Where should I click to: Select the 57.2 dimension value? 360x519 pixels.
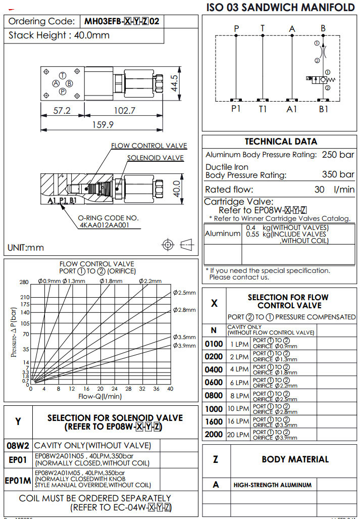(x=62, y=111)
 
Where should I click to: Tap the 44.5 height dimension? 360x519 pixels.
(x=174, y=83)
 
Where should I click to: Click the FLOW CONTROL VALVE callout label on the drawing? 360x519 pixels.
(x=149, y=146)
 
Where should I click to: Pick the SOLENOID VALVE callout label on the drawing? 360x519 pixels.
(x=156, y=158)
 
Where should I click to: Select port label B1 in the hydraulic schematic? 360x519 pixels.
(x=323, y=109)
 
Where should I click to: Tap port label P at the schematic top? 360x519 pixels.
(x=236, y=29)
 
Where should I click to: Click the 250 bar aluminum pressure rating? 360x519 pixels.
(x=338, y=155)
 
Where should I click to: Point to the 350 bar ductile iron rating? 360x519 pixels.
(x=338, y=175)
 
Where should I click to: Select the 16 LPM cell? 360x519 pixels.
(x=239, y=421)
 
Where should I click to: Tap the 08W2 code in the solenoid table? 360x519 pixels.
(x=18, y=445)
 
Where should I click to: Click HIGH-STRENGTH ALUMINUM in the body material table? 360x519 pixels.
(x=272, y=485)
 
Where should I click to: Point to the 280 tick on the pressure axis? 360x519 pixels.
(x=24, y=282)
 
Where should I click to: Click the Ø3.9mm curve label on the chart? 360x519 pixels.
(x=184, y=346)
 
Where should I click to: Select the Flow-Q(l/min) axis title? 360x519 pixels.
(x=100, y=396)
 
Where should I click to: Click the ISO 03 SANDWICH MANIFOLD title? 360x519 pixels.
(x=281, y=7)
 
